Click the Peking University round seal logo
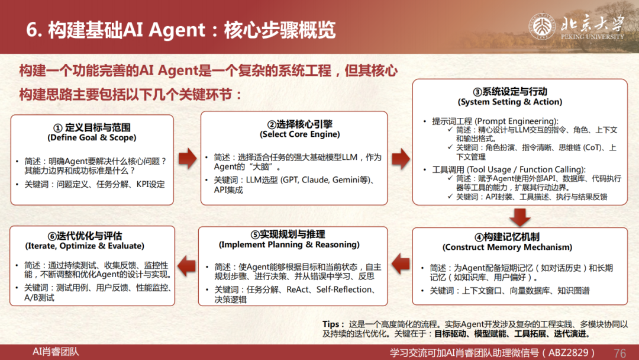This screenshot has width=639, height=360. tap(542, 27)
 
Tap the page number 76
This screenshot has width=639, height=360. tap(619, 353)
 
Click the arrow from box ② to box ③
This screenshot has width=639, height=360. tap(401, 159)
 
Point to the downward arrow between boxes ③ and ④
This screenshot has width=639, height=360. tap(520, 217)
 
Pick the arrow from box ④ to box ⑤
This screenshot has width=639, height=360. tap(401, 263)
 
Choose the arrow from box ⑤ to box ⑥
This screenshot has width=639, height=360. tap(187, 266)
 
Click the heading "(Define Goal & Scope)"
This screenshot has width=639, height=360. tap(92, 138)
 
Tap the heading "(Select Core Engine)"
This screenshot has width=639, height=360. tap(300, 134)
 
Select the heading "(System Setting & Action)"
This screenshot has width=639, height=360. tap(510, 102)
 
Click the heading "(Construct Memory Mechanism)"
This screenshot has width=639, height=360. tap(508, 247)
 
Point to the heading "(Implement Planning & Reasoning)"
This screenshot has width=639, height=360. tap(289, 245)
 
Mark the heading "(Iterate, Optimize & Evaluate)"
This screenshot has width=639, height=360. tap(85, 246)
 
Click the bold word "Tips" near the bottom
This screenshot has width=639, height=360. tap(331, 324)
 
